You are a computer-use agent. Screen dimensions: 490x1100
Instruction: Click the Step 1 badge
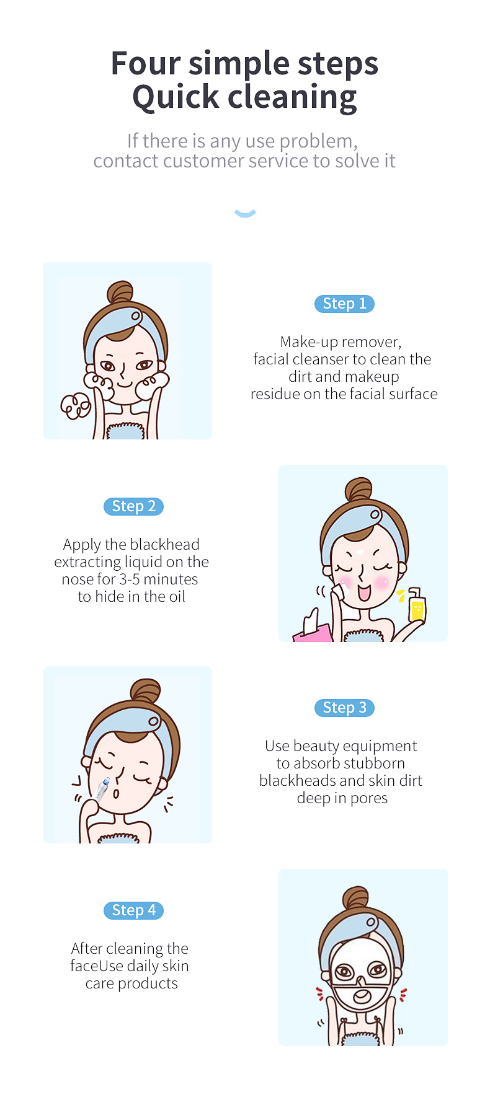point(344,304)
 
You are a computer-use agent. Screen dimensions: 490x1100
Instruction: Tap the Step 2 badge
point(133,506)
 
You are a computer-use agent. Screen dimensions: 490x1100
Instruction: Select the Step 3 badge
point(344,708)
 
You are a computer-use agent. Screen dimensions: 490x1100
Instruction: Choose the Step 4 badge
point(133,910)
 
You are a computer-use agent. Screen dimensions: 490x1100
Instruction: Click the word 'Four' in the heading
point(146,63)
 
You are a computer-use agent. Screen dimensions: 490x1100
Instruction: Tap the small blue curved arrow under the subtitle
point(245,214)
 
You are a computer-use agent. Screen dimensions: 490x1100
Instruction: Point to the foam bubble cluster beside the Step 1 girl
point(76,406)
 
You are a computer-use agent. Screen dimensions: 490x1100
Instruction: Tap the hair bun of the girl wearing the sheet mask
point(355,899)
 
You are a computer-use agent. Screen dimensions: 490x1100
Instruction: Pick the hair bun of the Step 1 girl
point(120,293)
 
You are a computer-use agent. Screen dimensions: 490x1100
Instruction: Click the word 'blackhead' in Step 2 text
point(165,545)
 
